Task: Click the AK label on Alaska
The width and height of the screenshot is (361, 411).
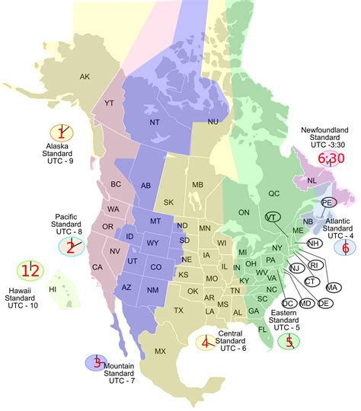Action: (x=85, y=76)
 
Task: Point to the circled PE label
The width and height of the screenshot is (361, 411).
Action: (x=327, y=202)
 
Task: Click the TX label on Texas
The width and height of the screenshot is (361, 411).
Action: (x=178, y=311)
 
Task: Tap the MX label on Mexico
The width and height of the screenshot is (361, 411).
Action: (x=160, y=351)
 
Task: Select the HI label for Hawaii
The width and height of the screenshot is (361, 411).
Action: (x=53, y=290)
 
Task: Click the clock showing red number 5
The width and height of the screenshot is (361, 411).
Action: (x=289, y=342)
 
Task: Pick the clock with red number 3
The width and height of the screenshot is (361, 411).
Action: (x=97, y=362)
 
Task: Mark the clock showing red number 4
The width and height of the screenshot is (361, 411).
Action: (x=206, y=343)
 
